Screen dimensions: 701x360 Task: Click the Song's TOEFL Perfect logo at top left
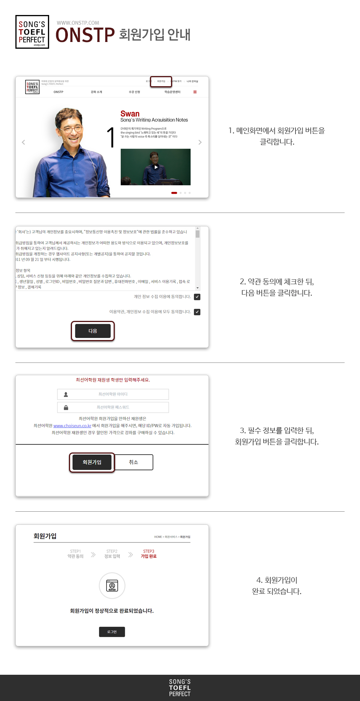pos(32,32)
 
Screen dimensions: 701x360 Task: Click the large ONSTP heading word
pos(85,35)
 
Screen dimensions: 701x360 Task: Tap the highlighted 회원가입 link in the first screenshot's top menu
pos(161,81)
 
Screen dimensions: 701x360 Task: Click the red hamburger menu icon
pos(195,92)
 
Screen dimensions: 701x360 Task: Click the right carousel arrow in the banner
pos(200,142)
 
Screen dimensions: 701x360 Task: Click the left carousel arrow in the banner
pos(23,142)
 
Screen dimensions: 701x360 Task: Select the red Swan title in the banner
pos(130,114)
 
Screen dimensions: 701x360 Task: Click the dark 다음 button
pos(93,331)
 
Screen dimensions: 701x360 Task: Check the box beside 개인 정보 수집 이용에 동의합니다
pos(197,297)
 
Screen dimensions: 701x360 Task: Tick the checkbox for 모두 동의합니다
pos(197,312)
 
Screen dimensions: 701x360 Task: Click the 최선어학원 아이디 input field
pos(113,394)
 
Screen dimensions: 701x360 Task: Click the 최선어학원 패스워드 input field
pos(113,407)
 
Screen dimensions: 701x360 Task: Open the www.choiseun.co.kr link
pos(72,426)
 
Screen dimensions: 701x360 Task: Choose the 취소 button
pos(133,462)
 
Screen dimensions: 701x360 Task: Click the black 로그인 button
pos(112,632)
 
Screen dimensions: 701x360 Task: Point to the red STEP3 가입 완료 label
pos(148,554)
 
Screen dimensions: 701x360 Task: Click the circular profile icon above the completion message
pos(112,586)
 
